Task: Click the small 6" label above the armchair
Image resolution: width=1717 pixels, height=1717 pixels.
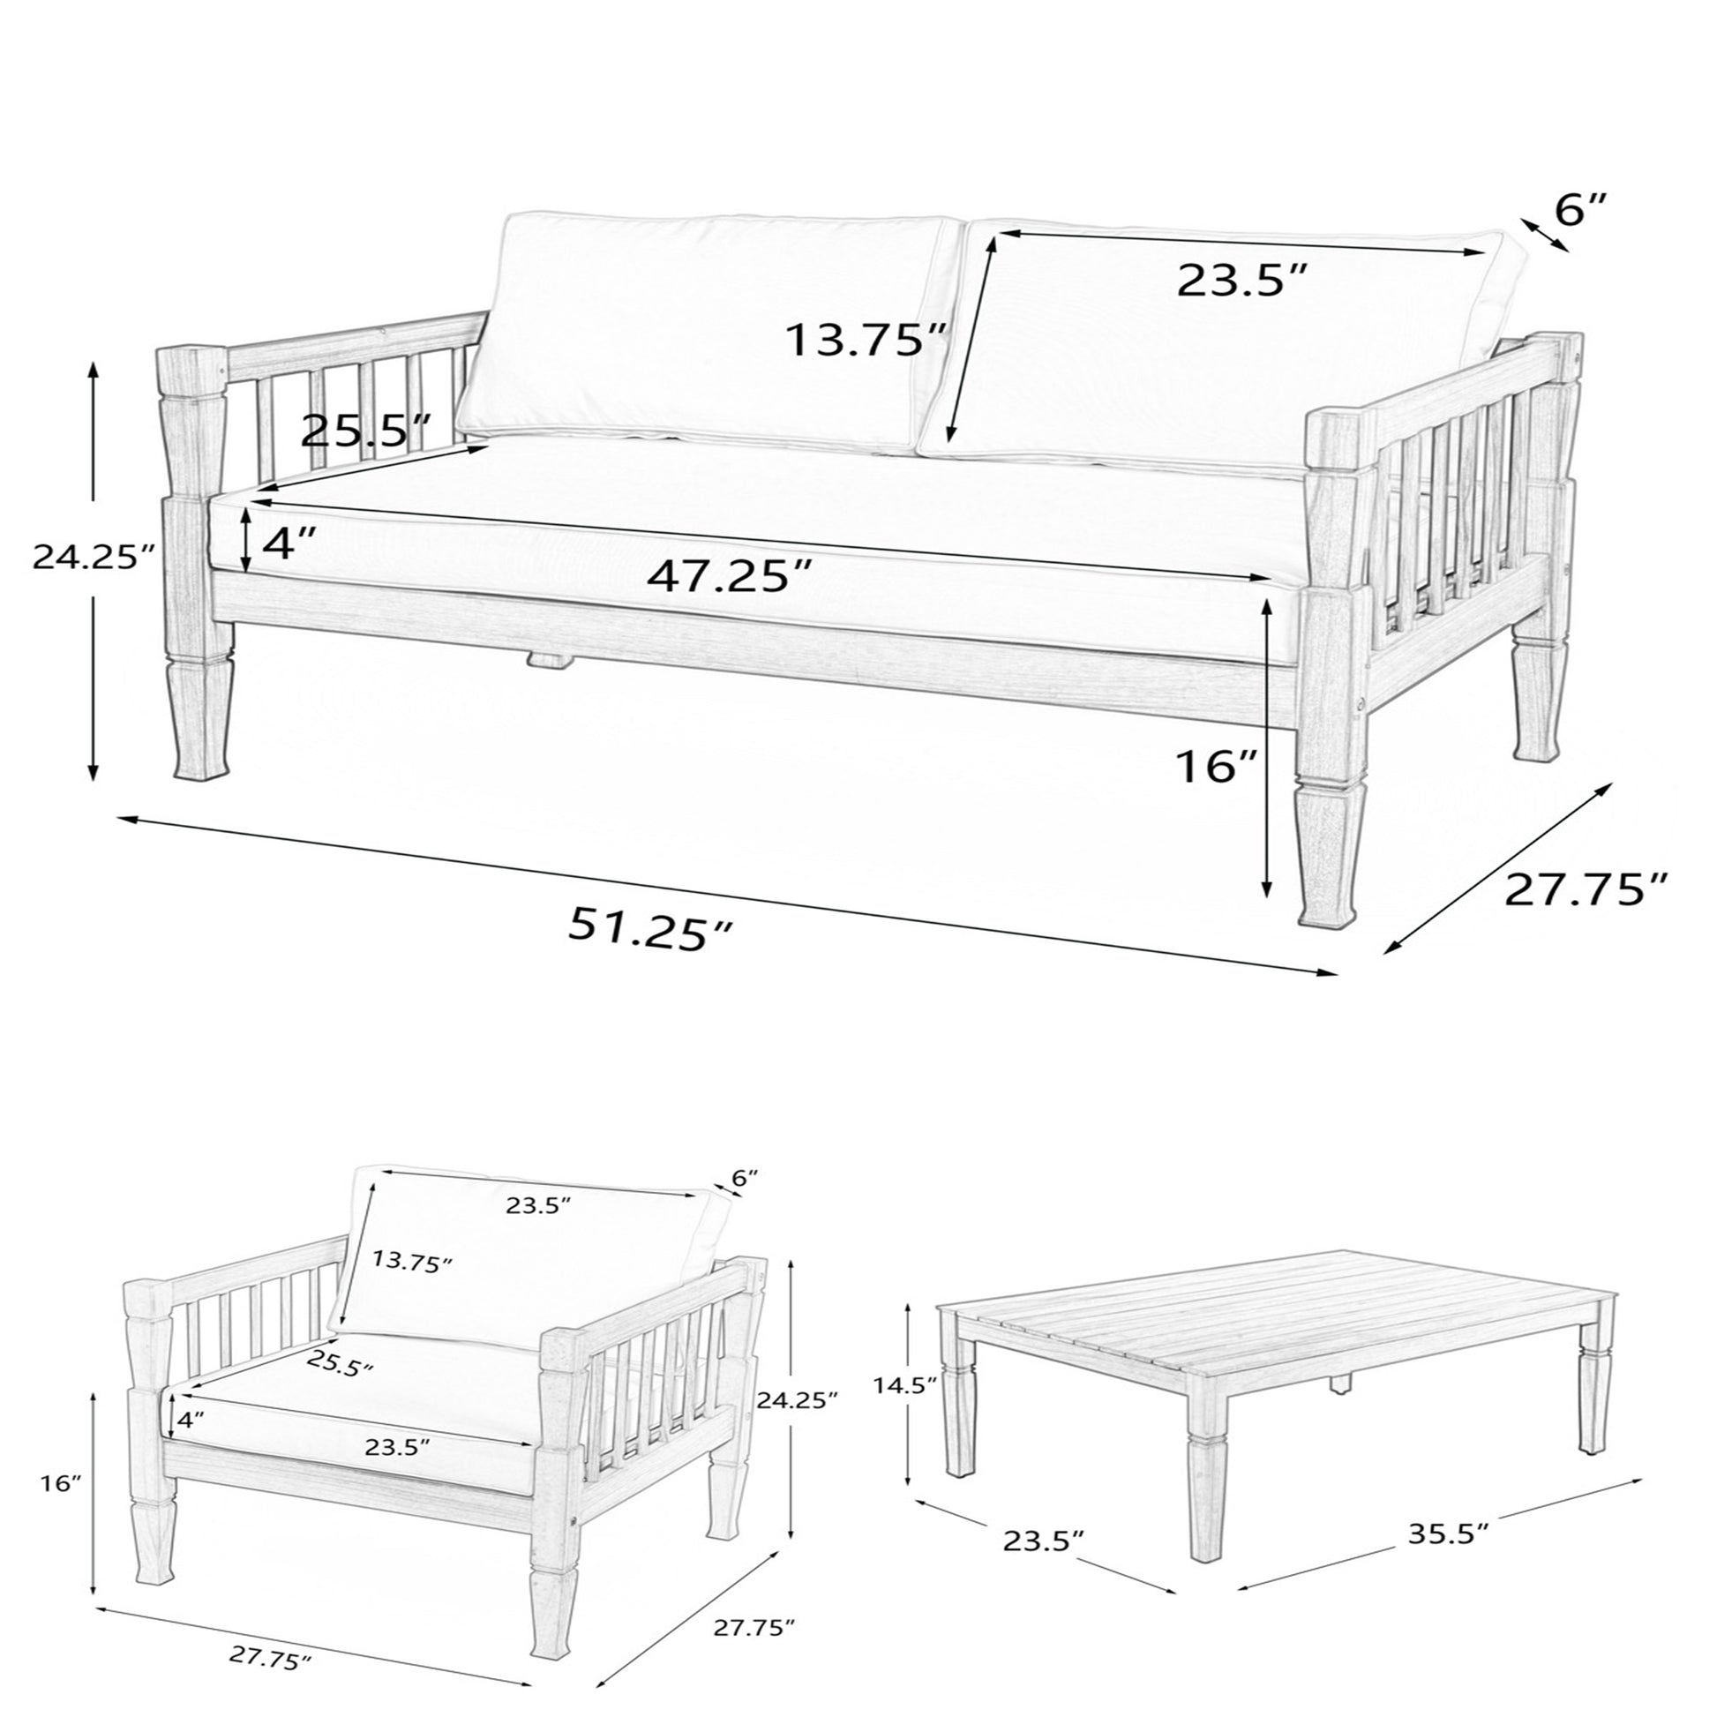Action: click(x=745, y=1179)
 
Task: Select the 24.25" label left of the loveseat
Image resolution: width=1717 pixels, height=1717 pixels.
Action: click(x=94, y=558)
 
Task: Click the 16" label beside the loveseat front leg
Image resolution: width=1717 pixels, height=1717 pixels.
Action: click(x=1217, y=766)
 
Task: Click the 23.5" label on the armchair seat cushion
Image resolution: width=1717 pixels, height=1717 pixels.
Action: click(x=398, y=1446)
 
